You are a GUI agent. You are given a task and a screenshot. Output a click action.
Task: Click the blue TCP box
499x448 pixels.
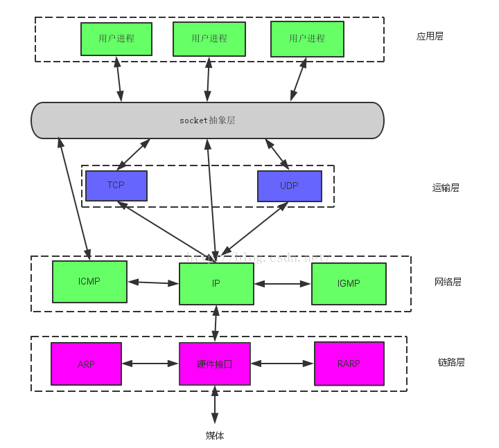coord(116,186)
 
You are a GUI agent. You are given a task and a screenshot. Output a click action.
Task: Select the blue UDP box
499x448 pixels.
coord(290,186)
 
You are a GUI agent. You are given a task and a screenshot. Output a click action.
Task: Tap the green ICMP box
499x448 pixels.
coord(89,282)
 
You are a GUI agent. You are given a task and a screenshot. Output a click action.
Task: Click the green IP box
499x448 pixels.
coord(216,284)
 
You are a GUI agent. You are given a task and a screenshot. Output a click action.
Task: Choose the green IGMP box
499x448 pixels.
coord(349,283)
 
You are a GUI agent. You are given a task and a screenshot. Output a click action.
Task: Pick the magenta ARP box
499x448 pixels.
coord(86,364)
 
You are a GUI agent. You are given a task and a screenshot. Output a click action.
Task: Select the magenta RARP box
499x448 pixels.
coord(349,364)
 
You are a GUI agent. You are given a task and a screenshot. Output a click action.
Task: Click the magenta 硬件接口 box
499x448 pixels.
coord(214,364)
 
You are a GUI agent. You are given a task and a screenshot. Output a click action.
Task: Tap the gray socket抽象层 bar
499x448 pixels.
coord(207,120)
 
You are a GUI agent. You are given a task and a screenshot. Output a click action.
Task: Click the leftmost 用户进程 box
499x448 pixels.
coord(116,39)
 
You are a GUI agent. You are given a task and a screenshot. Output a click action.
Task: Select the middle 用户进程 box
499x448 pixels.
coord(209,39)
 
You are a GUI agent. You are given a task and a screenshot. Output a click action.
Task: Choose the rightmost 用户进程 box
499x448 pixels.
coord(307,39)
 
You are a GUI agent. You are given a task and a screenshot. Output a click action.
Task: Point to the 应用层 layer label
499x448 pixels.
coord(430,36)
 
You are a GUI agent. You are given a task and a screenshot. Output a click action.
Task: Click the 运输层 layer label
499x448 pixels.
coord(446,188)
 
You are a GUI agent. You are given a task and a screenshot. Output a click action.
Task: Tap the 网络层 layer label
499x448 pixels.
coord(448,282)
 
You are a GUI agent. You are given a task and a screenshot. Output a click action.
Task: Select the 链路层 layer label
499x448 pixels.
coord(451,362)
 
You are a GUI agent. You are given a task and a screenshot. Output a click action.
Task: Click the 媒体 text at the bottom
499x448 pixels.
coord(215,436)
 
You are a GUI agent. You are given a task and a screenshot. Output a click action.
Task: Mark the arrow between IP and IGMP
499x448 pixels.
coord(283,284)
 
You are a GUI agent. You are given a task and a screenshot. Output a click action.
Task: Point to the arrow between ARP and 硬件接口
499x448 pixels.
coord(150,363)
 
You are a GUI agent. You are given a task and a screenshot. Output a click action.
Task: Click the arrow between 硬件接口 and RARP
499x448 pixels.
coord(282,363)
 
